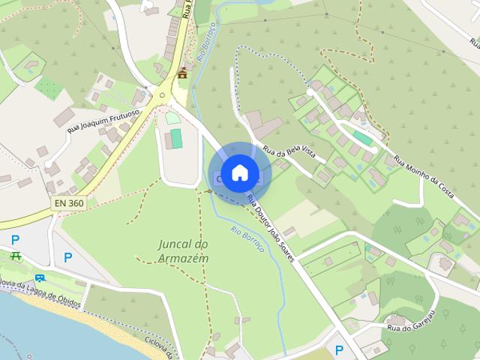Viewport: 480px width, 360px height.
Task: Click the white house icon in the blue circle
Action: coord(239,172)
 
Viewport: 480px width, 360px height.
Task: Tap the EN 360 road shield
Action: coord(69,203)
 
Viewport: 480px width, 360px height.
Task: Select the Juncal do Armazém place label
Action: coord(183,251)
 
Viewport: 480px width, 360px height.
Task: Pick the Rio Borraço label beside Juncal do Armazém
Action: coord(247,239)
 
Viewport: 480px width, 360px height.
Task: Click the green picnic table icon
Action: coord(16,256)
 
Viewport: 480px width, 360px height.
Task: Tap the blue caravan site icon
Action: coord(39,278)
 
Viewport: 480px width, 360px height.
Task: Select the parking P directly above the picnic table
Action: coord(16,240)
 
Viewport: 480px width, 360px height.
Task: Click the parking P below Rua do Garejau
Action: coord(339,349)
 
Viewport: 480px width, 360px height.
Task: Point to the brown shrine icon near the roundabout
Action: coord(182,73)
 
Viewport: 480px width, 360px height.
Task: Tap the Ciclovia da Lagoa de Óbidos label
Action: coord(45,289)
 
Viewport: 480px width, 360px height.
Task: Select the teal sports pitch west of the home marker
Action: coord(176,138)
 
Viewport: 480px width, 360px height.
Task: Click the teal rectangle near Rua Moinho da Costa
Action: coord(362,138)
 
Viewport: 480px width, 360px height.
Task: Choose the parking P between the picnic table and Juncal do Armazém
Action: coord(68,257)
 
